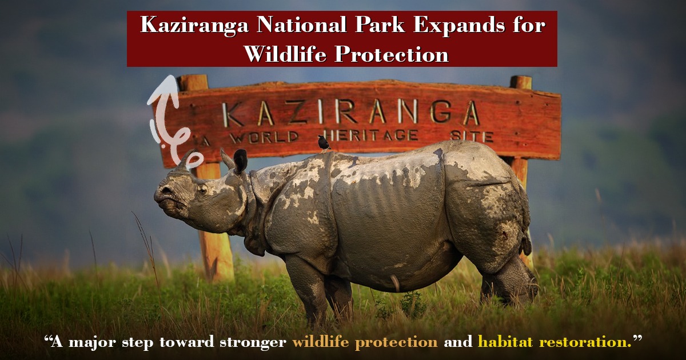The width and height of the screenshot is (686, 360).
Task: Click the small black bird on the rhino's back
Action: tap(324, 142)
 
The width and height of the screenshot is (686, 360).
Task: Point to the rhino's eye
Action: tap(202, 188)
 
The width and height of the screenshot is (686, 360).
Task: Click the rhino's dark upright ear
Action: tap(240, 161)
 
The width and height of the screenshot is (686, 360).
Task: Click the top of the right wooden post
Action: tap(521, 82)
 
